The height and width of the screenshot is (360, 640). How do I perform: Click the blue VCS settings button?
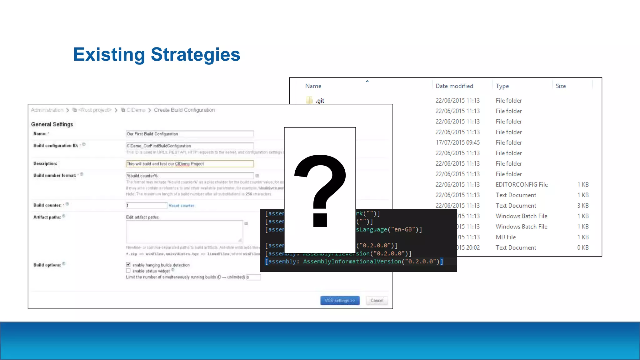pos(340,301)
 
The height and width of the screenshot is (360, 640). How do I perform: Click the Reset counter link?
pos(181,206)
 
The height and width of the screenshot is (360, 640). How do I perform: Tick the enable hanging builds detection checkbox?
pos(128,265)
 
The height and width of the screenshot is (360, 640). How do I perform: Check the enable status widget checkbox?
pos(128,271)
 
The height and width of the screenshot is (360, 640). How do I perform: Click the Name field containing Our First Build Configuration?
pos(190,134)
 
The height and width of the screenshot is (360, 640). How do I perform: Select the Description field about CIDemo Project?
pos(190,164)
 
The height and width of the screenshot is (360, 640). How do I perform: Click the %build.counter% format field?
pos(190,176)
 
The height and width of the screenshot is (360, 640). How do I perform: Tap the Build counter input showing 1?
pos(146,206)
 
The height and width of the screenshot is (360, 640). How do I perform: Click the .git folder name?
pos(320,101)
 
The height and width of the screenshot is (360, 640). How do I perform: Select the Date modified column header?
pos(454,86)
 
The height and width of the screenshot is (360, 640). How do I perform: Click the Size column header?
pos(561,86)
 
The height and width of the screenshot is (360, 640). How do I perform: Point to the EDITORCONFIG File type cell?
pos(522,185)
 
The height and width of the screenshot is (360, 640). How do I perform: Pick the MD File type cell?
pos(506,237)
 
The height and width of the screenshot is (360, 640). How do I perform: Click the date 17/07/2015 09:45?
pos(457,142)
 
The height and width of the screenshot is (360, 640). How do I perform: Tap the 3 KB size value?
pos(583,206)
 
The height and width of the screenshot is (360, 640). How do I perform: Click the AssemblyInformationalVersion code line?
pos(354,262)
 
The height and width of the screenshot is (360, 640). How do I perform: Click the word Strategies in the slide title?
pos(195,55)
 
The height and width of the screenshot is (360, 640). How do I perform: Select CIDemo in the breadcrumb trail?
pos(136,110)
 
